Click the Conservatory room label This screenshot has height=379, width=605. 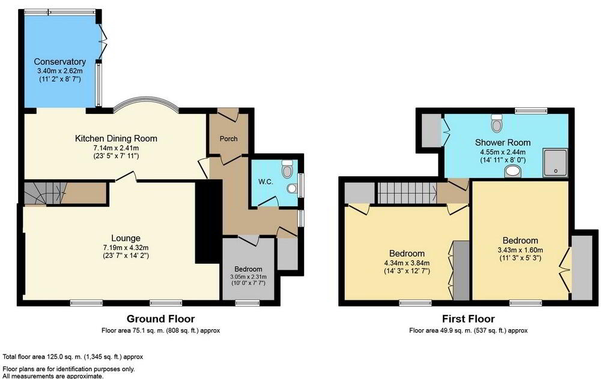tap(59, 62)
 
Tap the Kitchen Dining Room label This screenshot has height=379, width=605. tap(115, 139)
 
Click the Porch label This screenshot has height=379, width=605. tap(228, 139)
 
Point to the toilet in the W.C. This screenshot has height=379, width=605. tap(288, 169)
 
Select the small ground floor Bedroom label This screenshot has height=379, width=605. tap(248, 269)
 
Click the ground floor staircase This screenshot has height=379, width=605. tap(42, 194)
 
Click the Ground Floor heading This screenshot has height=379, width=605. tap(160, 318)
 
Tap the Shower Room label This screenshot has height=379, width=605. tap(502, 142)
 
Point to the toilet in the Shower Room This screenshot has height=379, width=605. tap(497, 124)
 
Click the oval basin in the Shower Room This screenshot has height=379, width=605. tap(514, 172)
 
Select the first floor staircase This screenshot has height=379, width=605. tap(406, 193)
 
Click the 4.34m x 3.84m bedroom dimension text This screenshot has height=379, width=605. tap(407, 262)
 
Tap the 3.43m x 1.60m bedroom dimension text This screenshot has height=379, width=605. tap(520, 250)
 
